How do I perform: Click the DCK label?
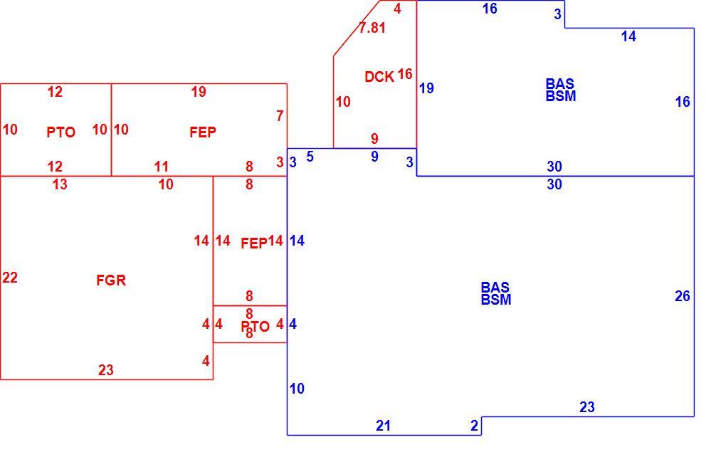tap(379, 77)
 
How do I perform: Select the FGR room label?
tap(111, 280)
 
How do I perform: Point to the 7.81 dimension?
tap(372, 28)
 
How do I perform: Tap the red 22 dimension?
tap(10, 278)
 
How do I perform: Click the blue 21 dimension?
tap(383, 426)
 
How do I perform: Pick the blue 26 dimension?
tap(683, 296)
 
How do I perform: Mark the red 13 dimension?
tap(60, 184)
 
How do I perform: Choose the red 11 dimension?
tap(161, 167)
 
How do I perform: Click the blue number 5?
tap(310, 157)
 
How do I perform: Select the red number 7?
tap(280, 116)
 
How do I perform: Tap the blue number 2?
tap(474, 426)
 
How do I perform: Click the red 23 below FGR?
tap(106, 370)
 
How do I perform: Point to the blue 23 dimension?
tap(587, 407)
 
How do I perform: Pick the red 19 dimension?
tap(199, 92)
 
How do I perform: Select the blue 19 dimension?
tap(427, 88)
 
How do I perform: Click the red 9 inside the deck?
tap(374, 139)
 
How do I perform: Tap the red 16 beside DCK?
tap(405, 74)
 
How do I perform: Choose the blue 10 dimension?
tap(297, 388)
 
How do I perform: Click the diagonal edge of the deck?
tap(357, 28)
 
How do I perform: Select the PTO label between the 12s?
tap(60, 132)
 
